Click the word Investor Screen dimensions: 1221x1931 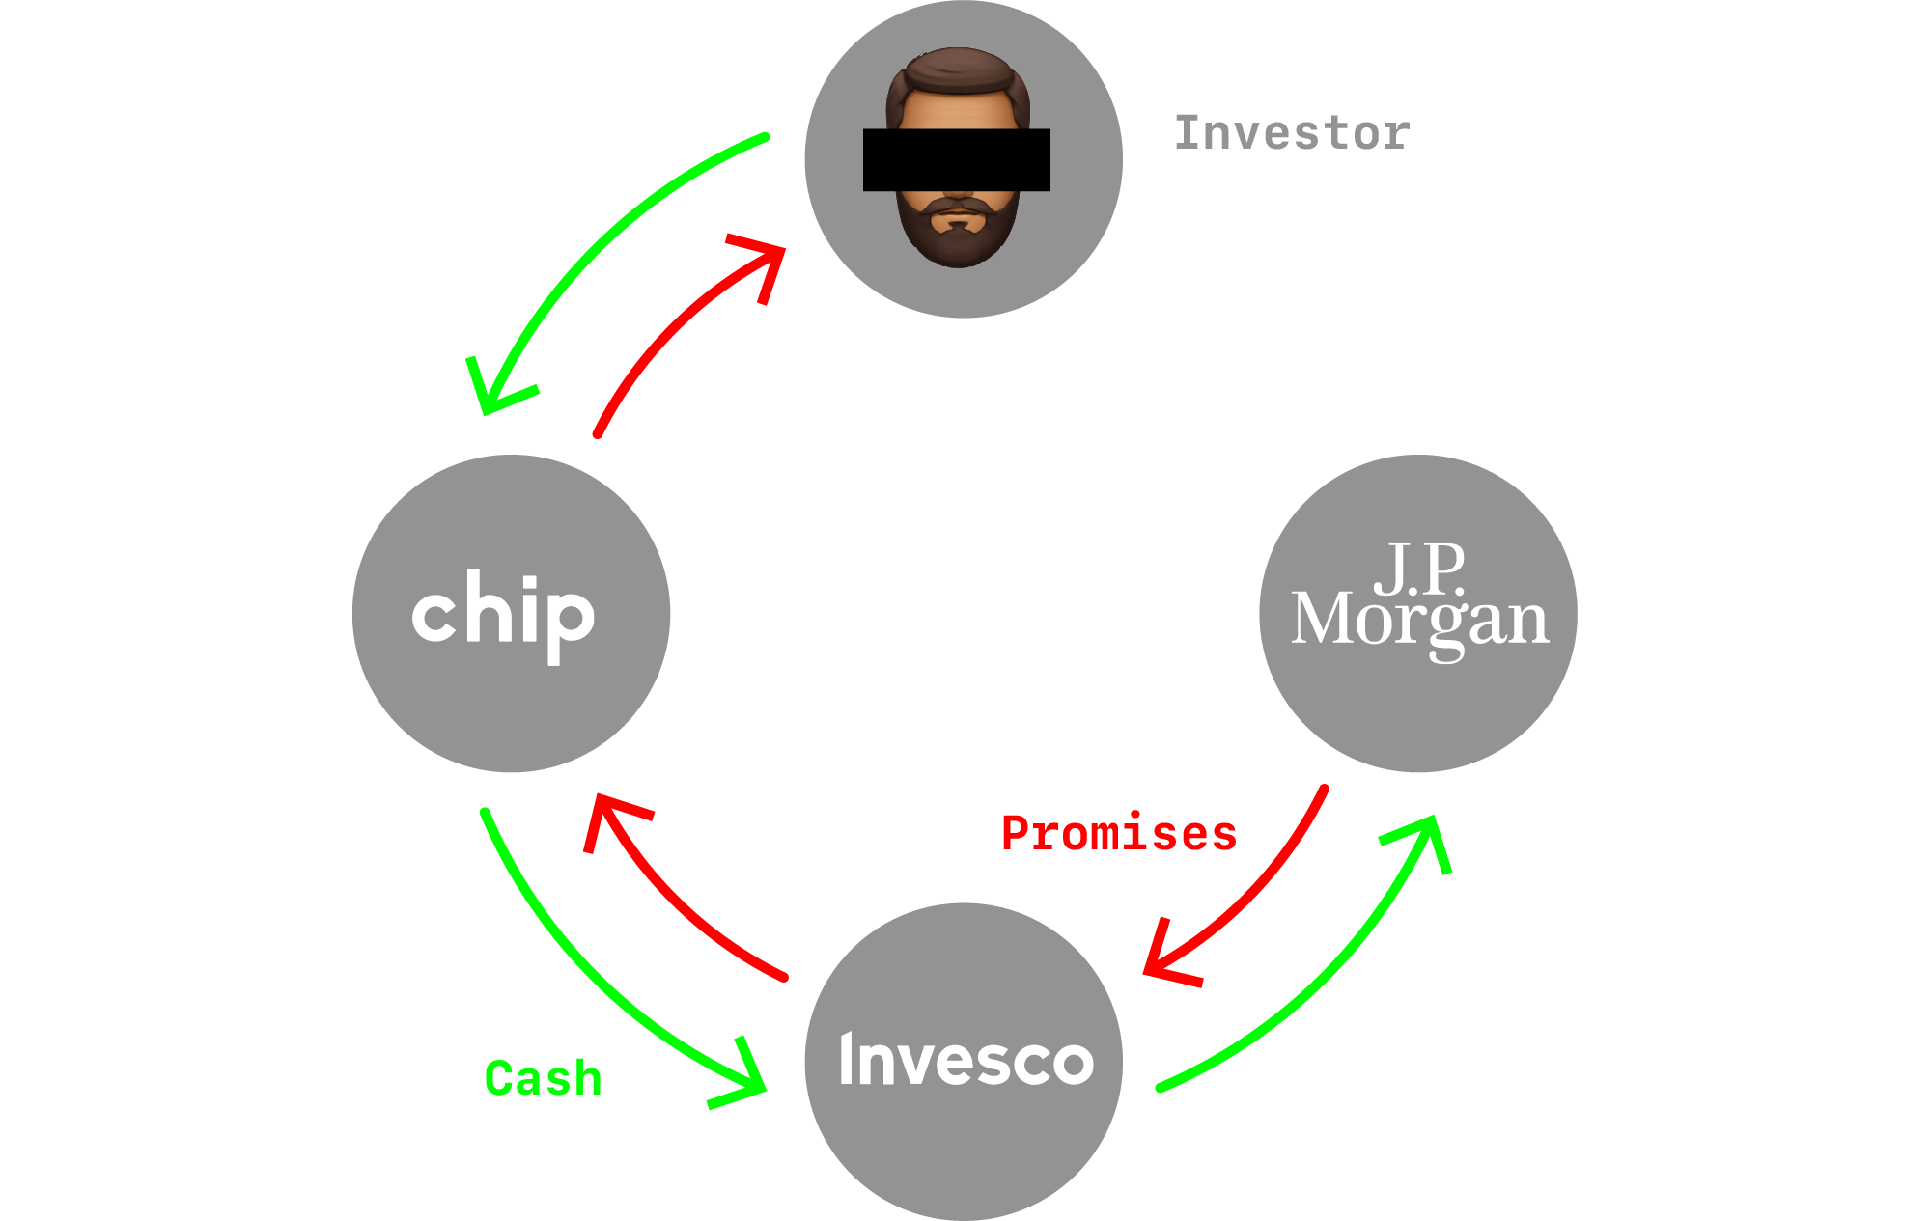(x=1292, y=133)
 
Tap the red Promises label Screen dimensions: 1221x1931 (x=1119, y=834)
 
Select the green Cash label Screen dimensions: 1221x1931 (x=544, y=1079)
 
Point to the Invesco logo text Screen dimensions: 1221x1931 (x=965, y=1061)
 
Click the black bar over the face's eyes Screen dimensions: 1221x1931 (x=956, y=160)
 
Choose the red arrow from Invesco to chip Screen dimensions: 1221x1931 (x=676, y=907)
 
